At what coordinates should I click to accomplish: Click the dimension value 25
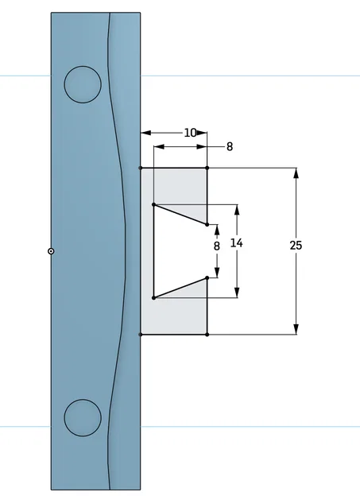(296, 246)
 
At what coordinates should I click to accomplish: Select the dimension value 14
(237, 243)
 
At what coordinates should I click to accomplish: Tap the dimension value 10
(190, 133)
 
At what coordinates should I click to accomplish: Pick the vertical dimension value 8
(217, 246)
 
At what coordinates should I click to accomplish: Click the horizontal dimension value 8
(230, 147)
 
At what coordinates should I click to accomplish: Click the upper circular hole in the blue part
(83, 84)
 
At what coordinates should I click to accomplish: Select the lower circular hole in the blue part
(83, 417)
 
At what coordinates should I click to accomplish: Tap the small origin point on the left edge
(51, 251)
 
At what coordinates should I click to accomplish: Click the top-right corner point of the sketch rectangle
(207, 168)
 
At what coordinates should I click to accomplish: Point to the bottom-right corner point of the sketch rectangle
(207, 335)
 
